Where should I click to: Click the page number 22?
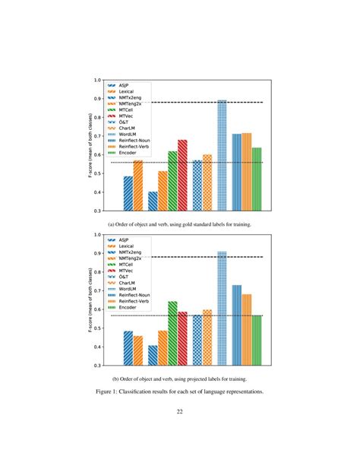tap(179, 413)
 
